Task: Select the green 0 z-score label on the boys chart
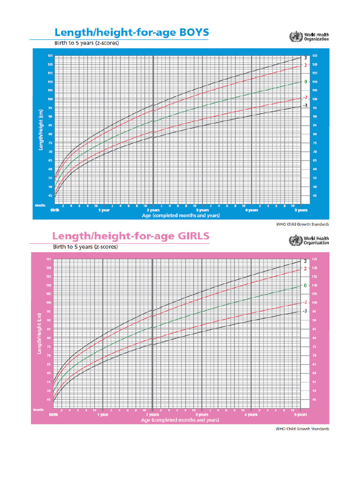(305, 82)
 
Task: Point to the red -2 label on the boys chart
(305, 97)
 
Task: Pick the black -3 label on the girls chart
(305, 311)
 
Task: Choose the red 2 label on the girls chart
(305, 269)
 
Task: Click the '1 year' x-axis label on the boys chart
(103, 210)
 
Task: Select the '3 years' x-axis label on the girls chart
(202, 415)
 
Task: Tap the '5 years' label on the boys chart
(300, 210)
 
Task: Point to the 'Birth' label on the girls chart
(54, 415)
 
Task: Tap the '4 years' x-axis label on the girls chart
(251, 415)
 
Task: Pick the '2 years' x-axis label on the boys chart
(153, 210)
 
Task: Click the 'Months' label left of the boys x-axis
(39, 205)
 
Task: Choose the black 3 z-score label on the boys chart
(305, 58)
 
